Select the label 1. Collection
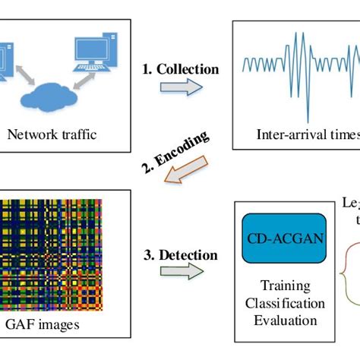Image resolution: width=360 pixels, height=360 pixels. (x=180, y=69)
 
